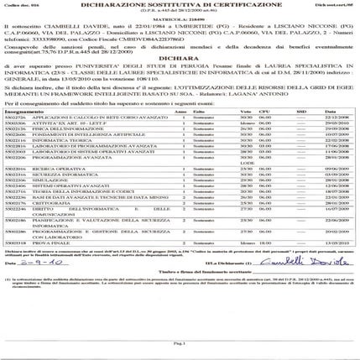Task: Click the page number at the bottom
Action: pyautogui.click(x=179, y=344)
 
